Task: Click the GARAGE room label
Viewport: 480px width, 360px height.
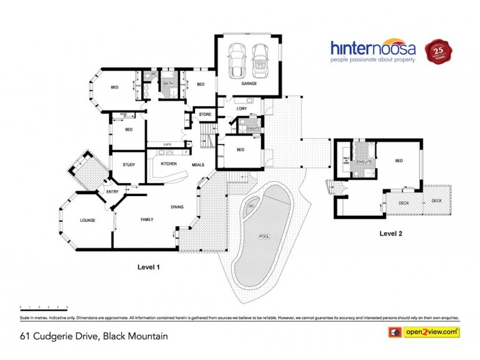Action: pyautogui.click(x=249, y=83)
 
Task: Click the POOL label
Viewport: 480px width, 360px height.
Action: pyautogui.click(x=264, y=236)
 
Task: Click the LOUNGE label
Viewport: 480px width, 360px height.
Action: pyautogui.click(x=88, y=220)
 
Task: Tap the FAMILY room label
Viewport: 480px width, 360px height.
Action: pyautogui.click(x=147, y=220)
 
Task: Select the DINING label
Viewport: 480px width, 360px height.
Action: pyautogui.click(x=176, y=207)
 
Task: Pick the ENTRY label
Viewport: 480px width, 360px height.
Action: pyautogui.click(x=112, y=191)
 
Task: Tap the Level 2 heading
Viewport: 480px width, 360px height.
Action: pyautogui.click(x=390, y=234)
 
